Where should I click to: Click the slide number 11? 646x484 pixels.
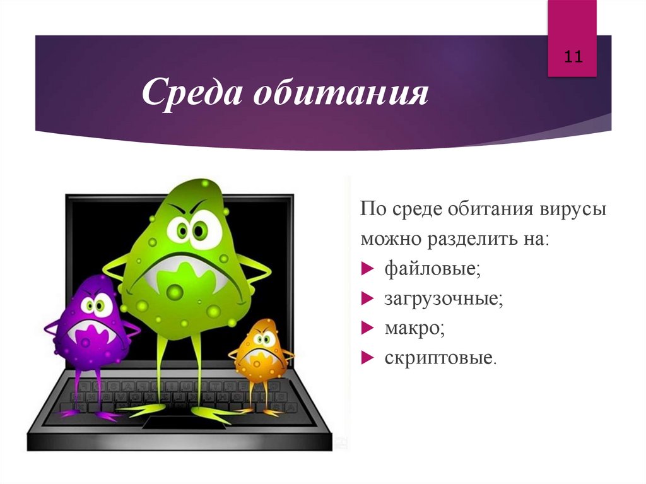[572, 57]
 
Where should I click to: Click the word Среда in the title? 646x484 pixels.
[192, 93]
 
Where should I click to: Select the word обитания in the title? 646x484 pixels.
[341, 93]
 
